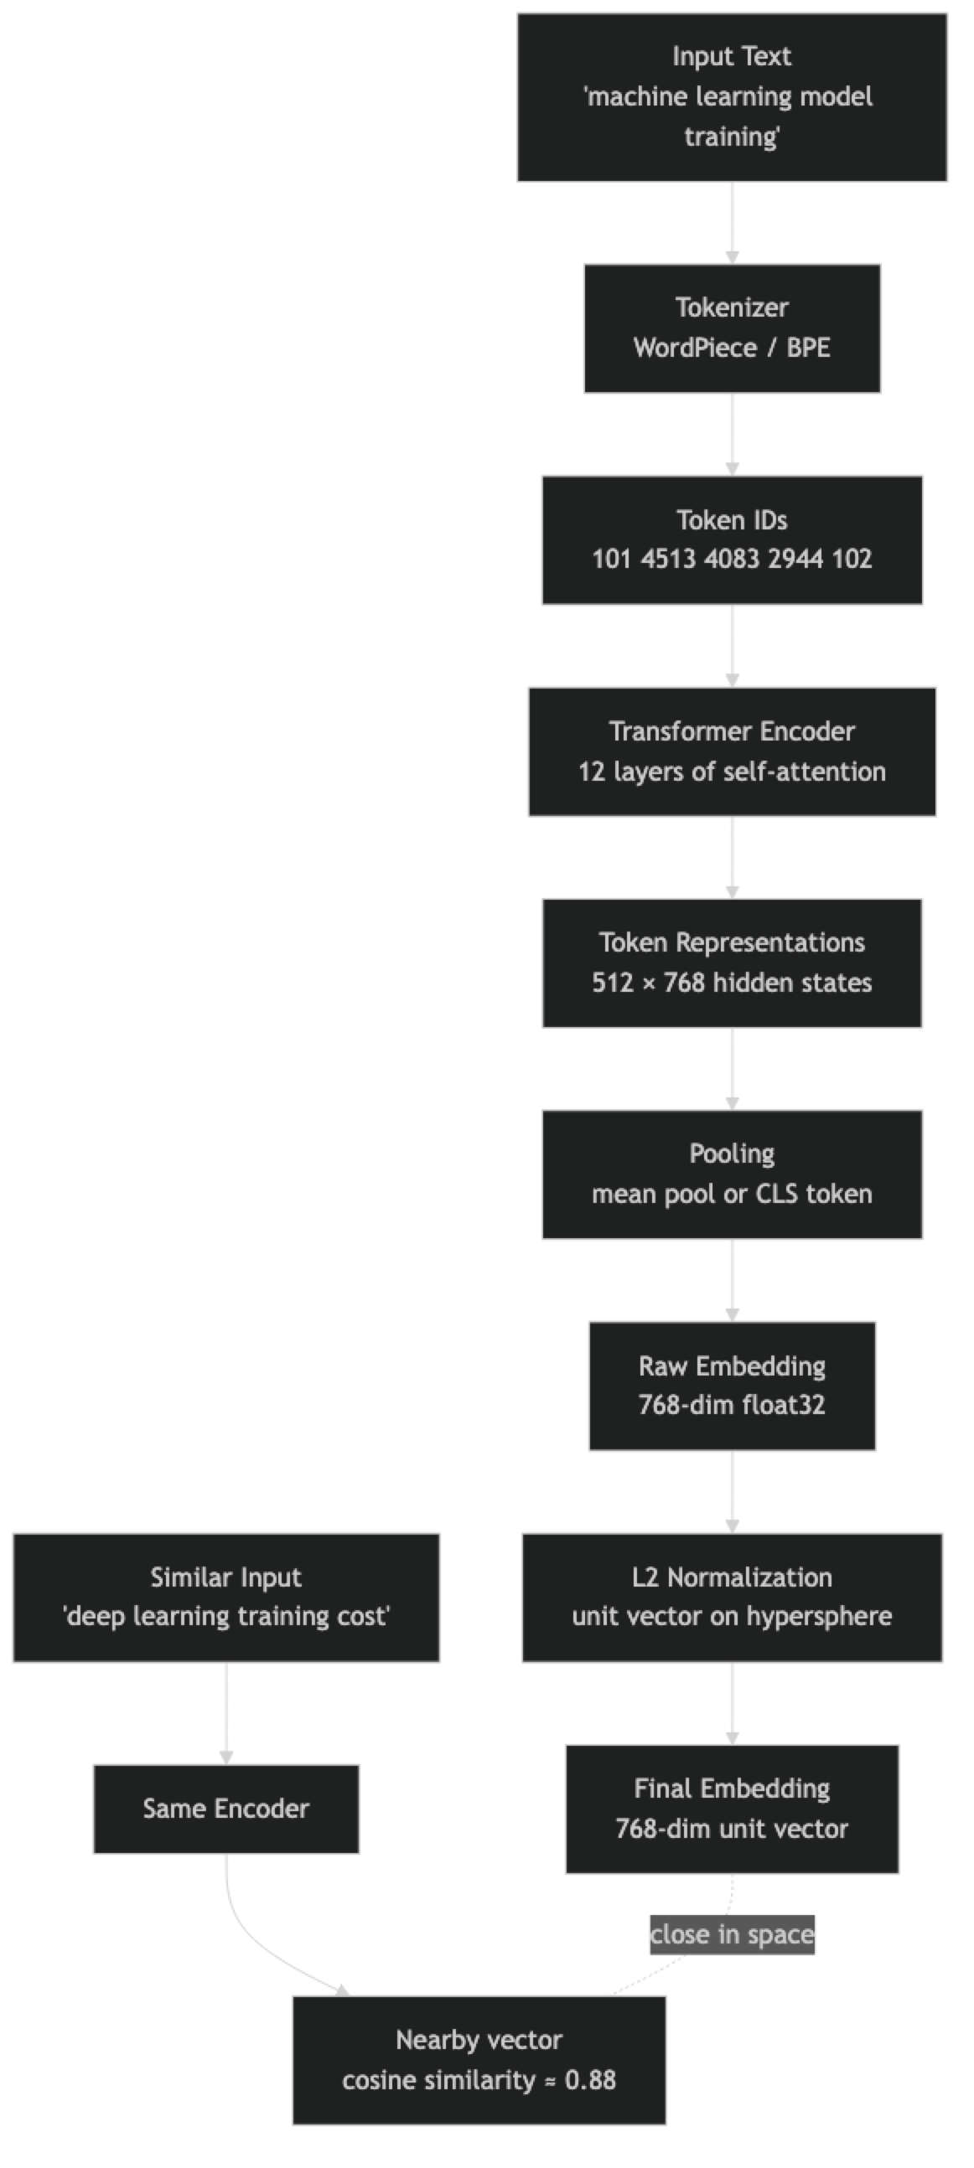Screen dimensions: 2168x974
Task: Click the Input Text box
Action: coord(732,97)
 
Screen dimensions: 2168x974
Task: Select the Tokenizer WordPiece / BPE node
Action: coord(732,328)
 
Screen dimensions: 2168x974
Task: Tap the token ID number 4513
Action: coord(668,559)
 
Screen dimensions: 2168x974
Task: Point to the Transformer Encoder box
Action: coord(732,751)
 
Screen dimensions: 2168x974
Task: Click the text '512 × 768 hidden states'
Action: coord(732,982)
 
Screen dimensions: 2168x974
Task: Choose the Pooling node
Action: coord(732,1174)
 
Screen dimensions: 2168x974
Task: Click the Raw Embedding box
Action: coord(732,1386)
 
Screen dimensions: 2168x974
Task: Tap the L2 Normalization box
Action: coord(732,1597)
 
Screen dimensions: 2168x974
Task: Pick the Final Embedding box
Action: coord(732,1809)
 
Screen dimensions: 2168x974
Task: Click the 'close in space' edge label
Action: coord(732,1934)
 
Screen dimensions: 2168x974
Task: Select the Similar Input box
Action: coord(225,1597)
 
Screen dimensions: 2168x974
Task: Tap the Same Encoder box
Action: coord(225,1809)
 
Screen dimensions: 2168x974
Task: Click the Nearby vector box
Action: coord(479,2059)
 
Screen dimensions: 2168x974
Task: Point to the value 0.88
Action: coord(590,2080)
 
